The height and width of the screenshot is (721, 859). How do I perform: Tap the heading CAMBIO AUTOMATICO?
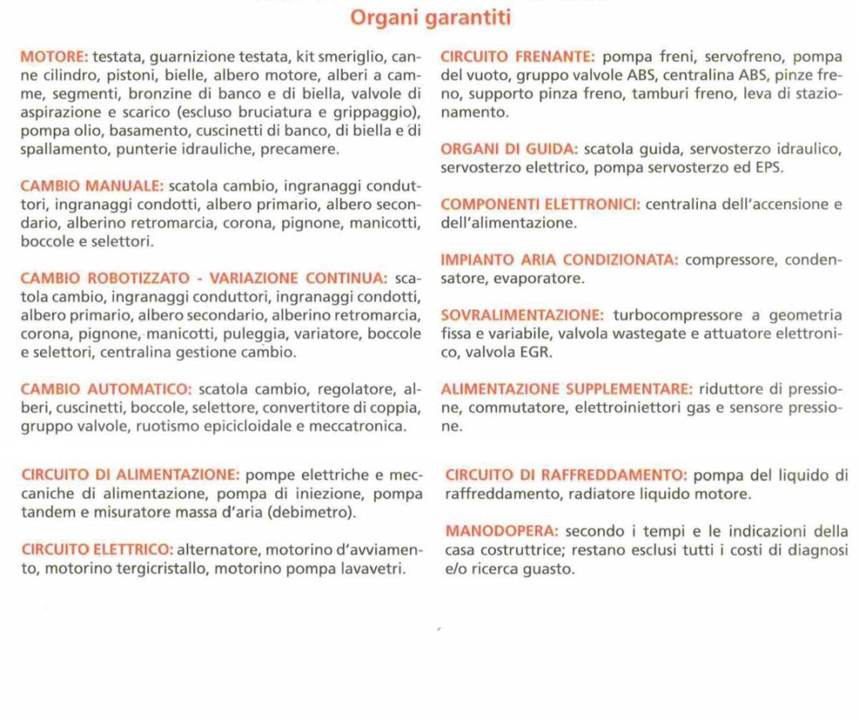point(105,390)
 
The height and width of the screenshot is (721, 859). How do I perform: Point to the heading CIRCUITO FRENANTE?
point(518,57)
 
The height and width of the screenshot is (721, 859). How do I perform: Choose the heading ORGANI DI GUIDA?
point(510,149)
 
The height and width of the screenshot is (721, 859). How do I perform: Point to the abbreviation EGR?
point(538,352)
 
